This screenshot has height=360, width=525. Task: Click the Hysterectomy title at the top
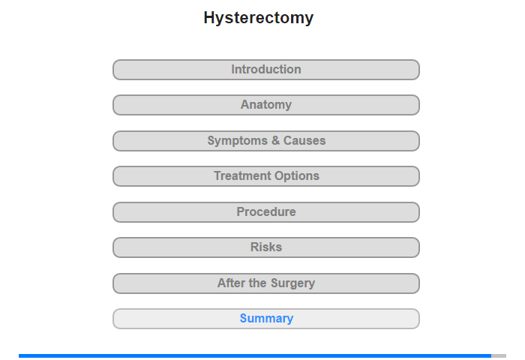coord(259,18)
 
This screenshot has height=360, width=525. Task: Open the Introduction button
coord(266,70)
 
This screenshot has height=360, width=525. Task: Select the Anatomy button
coord(266,105)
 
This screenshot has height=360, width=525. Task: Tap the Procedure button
coord(266,212)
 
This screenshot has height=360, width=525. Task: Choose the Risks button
coord(266,247)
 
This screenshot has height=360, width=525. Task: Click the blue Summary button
coord(266,319)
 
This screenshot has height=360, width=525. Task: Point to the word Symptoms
coord(238,141)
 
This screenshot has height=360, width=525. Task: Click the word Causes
coord(304,141)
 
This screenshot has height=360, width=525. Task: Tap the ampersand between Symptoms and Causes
coord(275,141)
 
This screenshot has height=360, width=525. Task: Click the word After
coord(231,283)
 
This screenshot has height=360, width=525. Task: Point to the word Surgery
coord(292,283)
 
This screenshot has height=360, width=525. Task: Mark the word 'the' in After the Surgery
coord(258,283)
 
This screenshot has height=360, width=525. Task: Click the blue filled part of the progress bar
coord(255,355)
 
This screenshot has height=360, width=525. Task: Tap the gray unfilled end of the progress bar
coord(499,355)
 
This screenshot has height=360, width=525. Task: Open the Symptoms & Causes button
coord(266,141)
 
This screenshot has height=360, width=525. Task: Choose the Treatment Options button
coord(266,176)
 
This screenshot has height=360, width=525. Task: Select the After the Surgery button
coord(266,283)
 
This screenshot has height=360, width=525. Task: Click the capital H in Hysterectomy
coord(209,17)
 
